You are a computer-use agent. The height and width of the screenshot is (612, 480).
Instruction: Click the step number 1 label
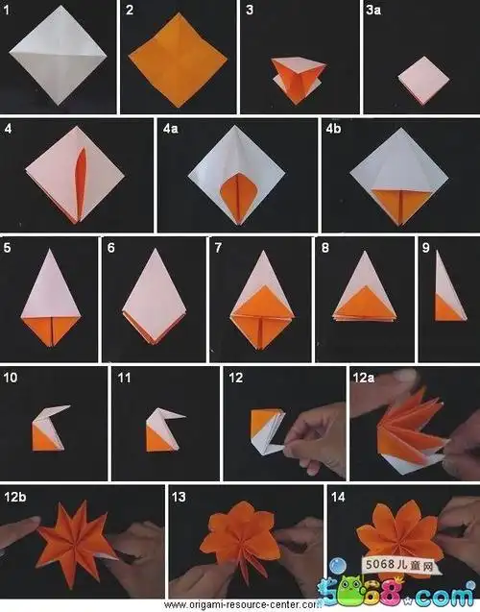[8, 10]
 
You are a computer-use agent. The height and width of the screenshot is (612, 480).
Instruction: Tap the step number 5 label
[8, 247]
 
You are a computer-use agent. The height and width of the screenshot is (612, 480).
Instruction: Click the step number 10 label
[11, 378]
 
